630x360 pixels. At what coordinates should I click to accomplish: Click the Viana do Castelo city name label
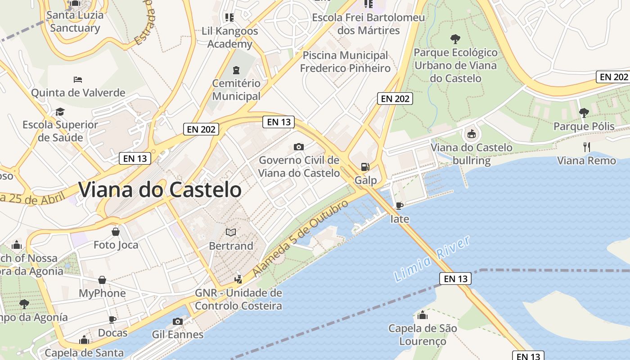[x=160, y=189]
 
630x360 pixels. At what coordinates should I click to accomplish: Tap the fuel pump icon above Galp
[x=364, y=166]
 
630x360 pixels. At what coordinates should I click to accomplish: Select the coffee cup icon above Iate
[x=399, y=206]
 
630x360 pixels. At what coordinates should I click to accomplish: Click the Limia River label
[x=432, y=259]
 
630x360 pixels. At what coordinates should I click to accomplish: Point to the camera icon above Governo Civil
[x=298, y=147]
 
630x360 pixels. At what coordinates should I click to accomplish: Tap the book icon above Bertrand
[x=231, y=232]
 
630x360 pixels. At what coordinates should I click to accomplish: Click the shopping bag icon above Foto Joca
[x=116, y=232]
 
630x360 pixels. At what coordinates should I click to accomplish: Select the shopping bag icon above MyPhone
[x=102, y=280]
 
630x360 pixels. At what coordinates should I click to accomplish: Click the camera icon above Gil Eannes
[x=178, y=321]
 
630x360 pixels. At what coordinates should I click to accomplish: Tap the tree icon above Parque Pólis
[x=584, y=112]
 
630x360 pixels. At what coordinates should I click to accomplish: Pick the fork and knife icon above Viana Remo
[x=586, y=147]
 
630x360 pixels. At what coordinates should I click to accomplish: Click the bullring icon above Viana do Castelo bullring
[x=471, y=134]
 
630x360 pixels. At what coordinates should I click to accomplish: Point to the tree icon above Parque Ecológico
[x=455, y=39]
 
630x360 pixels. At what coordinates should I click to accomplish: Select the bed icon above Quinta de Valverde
[x=78, y=80]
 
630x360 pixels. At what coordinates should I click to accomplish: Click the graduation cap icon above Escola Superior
[x=60, y=111]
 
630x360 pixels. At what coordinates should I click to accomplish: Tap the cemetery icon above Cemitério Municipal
[x=236, y=70]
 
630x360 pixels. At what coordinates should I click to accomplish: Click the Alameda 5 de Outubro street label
[x=301, y=238]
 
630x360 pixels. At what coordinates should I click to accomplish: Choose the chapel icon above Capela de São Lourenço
[x=422, y=315]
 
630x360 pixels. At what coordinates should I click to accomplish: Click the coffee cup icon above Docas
[x=112, y=319]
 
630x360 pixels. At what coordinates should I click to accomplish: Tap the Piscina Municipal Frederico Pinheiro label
[x=345, y=62]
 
